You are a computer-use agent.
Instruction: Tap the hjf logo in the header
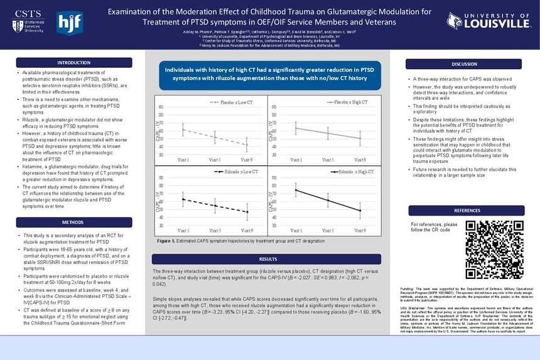click(69, 23)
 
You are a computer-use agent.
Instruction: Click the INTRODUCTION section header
click(73, 63)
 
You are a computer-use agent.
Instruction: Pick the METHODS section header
click(73, 222)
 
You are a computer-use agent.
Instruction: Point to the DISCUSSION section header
click(464, 64)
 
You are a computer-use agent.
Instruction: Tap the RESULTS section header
click(267, 259)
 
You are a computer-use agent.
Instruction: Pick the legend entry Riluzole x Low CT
click(233, 172)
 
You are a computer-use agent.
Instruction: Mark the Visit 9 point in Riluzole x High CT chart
click(360, 210)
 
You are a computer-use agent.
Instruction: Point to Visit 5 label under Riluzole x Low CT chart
click(215, 231)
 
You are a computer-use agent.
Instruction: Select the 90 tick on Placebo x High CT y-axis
click(274, 107)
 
